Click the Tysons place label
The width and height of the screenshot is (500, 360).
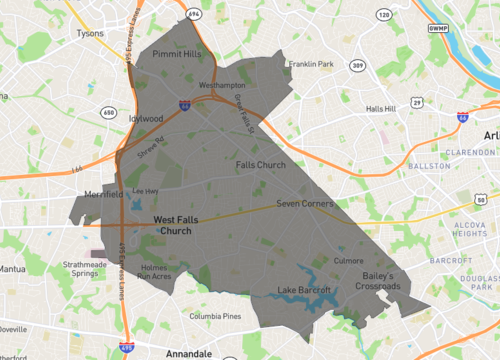point(90,33)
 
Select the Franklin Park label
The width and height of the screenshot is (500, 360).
point(311,64)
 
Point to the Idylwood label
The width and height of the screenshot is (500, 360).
point(146,117)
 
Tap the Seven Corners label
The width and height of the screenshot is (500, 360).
point(304,204)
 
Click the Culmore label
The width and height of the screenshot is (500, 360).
point(348,260)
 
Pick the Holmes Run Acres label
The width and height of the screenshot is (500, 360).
point(155,272)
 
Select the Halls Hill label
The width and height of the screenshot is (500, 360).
point(380,108)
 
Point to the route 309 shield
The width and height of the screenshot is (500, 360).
point(357,65)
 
